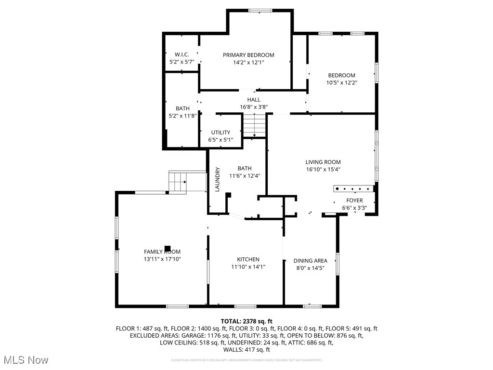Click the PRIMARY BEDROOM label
tap(248, 55)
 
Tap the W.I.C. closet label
tap(182, 54)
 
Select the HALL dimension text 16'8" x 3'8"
tap(250, 107)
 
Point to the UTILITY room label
tap(221, 132)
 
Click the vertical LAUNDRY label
tap(217, 179)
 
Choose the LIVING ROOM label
tap(323, 162)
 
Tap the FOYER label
tap(355, 200)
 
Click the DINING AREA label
tap(311, 261)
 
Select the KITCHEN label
tap(248, 259)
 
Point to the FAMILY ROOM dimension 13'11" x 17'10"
tap(162, 259)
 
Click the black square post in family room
tap(168, 249)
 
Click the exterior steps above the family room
tap(178, 182)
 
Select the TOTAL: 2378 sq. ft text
tap(246, 321)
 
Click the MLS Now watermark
tap(26, 360)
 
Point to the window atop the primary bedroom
tap(260, 10)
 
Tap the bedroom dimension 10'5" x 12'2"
tap(342, 82)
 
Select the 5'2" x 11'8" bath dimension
tap(182, 116)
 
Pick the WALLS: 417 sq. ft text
tap(246, 350)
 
